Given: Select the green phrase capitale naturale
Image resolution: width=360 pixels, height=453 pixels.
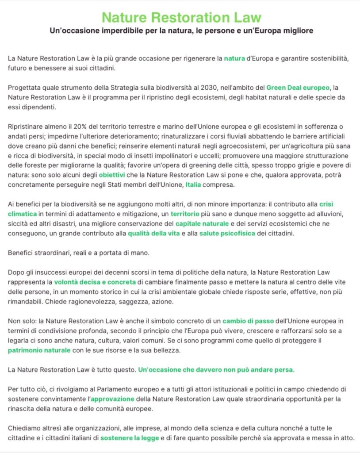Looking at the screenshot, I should [x=202, y=223].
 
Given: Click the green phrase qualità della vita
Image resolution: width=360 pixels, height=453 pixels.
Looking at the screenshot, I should [x=154, y=233].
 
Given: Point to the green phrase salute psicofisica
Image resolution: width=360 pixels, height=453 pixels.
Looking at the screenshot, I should [x=227, y=233].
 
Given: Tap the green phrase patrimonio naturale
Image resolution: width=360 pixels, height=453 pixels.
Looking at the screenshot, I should [x=39, y=350].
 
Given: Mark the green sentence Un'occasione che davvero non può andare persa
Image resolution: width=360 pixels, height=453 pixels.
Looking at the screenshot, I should [x=216, y=369].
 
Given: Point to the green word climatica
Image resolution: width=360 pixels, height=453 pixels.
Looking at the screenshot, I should [x=22, y=214].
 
